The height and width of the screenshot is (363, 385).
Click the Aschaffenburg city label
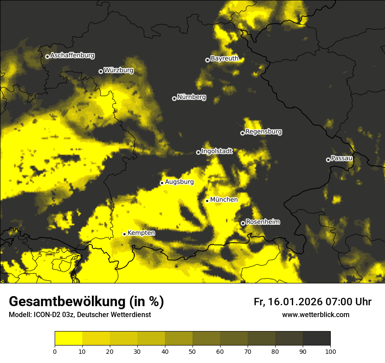pos(72,56)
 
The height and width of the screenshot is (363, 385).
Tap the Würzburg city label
pos(119,70)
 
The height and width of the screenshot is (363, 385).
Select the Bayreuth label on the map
pos(224,59)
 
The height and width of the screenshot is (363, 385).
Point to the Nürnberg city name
pos(192,97)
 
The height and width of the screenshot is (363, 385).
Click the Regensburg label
pos(263,132)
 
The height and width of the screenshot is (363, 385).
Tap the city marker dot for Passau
pos(328,160)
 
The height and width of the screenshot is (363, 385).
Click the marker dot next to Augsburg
pos(162,183)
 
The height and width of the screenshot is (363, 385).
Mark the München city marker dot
pos(207,201)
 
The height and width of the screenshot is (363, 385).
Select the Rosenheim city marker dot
pos(243,223)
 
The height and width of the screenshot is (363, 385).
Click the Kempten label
pos(141,233)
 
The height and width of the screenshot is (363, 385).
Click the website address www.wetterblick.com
pos(315,315)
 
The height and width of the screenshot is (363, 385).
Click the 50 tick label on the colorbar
pos(192,351)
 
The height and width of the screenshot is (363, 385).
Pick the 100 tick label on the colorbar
pos(330,351)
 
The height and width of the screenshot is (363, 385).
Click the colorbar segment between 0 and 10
pos(68,339)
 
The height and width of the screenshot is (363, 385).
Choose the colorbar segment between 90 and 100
pos(316,339)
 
